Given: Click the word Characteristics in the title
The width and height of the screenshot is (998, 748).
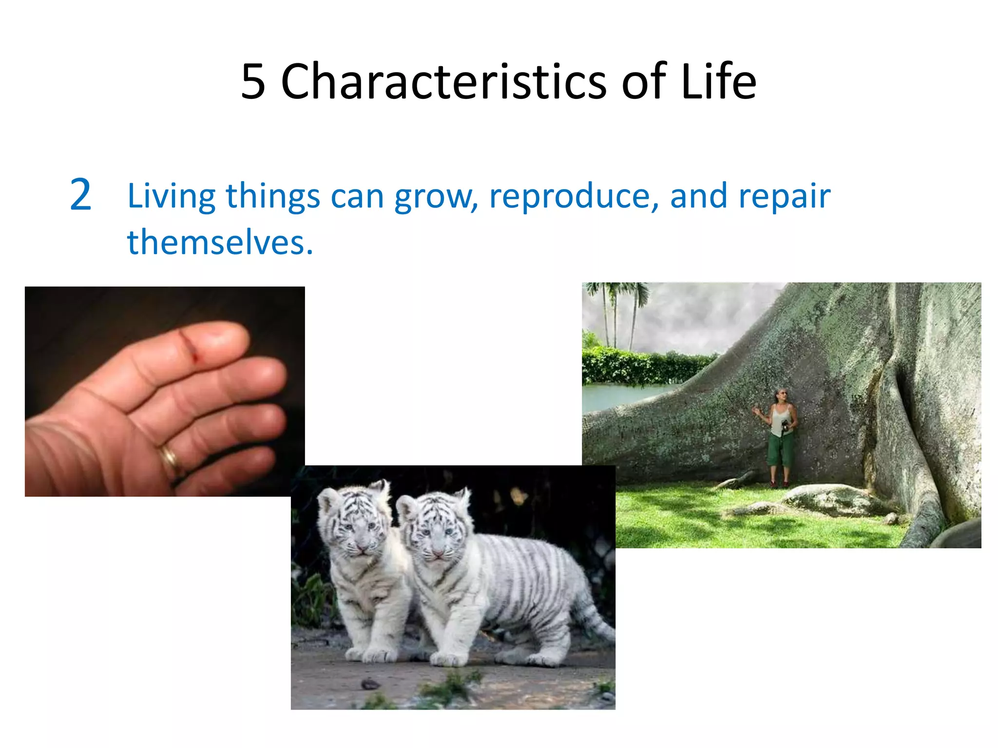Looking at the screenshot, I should [x=443, y=82].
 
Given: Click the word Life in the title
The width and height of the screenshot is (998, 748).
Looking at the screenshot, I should [x=718, y=82].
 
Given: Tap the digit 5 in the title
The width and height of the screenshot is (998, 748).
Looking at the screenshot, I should [x=253, y=82].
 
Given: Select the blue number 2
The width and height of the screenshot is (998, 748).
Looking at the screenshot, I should [x=80, y=195].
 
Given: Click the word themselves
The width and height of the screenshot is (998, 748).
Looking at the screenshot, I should [x=219, y=243].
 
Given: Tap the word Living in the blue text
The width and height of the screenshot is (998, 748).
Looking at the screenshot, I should [x=171, y=196].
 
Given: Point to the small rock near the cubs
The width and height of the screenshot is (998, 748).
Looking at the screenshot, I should [x=370, y=684].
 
